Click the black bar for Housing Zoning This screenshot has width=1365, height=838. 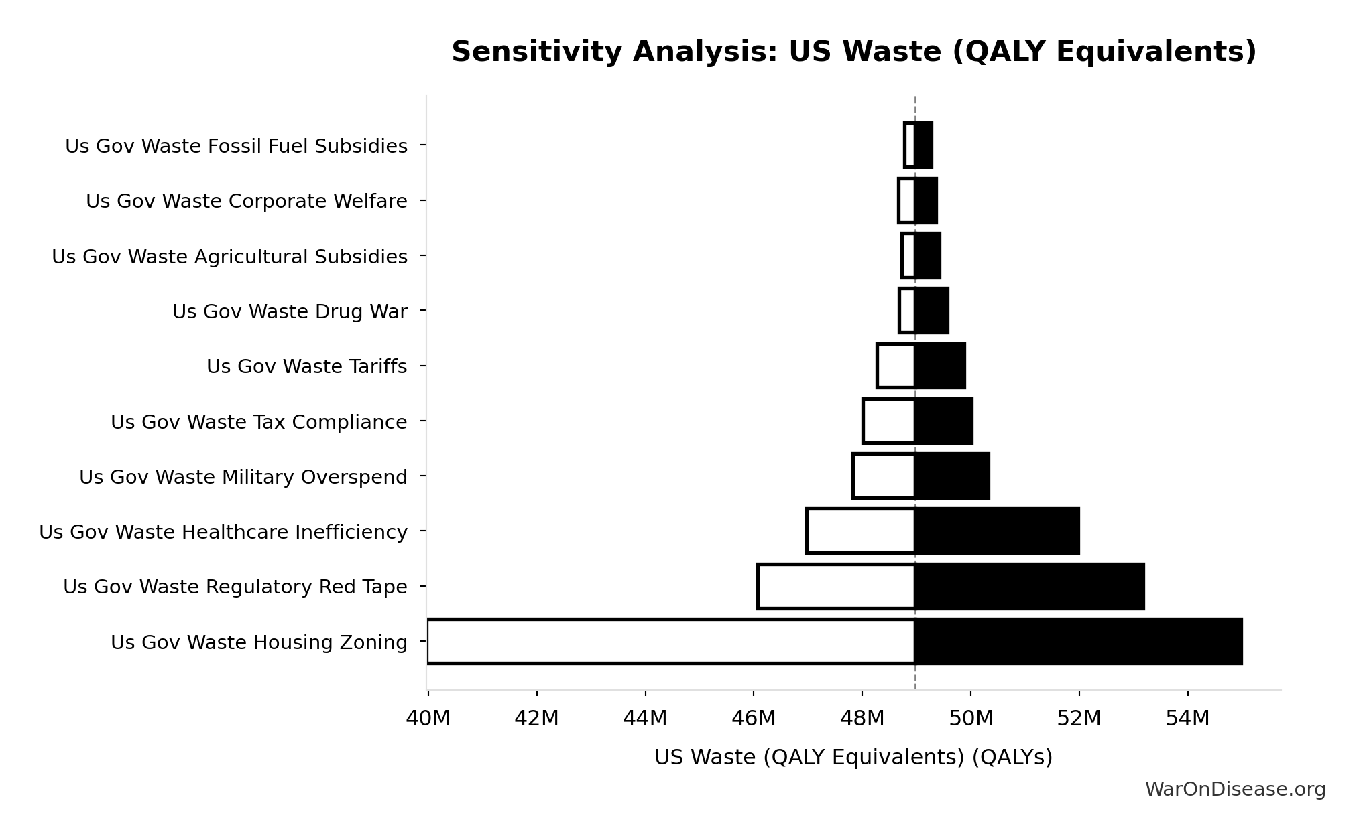[x=1078, y=642]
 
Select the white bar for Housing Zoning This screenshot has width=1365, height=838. [x=670, y=642]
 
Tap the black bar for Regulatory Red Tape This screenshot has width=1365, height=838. [x=1029, y=587]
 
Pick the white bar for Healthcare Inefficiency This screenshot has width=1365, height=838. [x=861, y=531]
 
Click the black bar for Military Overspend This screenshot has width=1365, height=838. [x=952, y=476]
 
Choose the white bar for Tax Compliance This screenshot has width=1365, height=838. [x=889, y=421]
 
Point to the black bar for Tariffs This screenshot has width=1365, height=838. [x=940, y=366]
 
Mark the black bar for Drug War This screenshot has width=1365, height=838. [x=932, y=311]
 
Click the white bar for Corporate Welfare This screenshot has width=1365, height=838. [x=906, y=201]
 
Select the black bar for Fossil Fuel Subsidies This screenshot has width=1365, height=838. [x=924, y=145]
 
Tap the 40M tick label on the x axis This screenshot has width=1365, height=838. [x=428, y=719]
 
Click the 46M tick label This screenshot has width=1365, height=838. [x=754, y=719]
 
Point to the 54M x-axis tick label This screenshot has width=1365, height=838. [x=1187, y=719]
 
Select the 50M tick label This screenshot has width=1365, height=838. [x=971, y=719]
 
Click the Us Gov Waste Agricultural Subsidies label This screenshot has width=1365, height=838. [x=229, y=257]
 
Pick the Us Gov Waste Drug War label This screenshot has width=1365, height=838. [x=290, y=312]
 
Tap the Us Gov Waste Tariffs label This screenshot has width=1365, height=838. [x=306, y=367]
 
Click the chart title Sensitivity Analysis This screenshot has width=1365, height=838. [x=853, y=52]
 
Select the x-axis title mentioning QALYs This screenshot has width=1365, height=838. [x=853, y=757]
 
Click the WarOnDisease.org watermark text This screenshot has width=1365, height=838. [x=1235, y=790]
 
